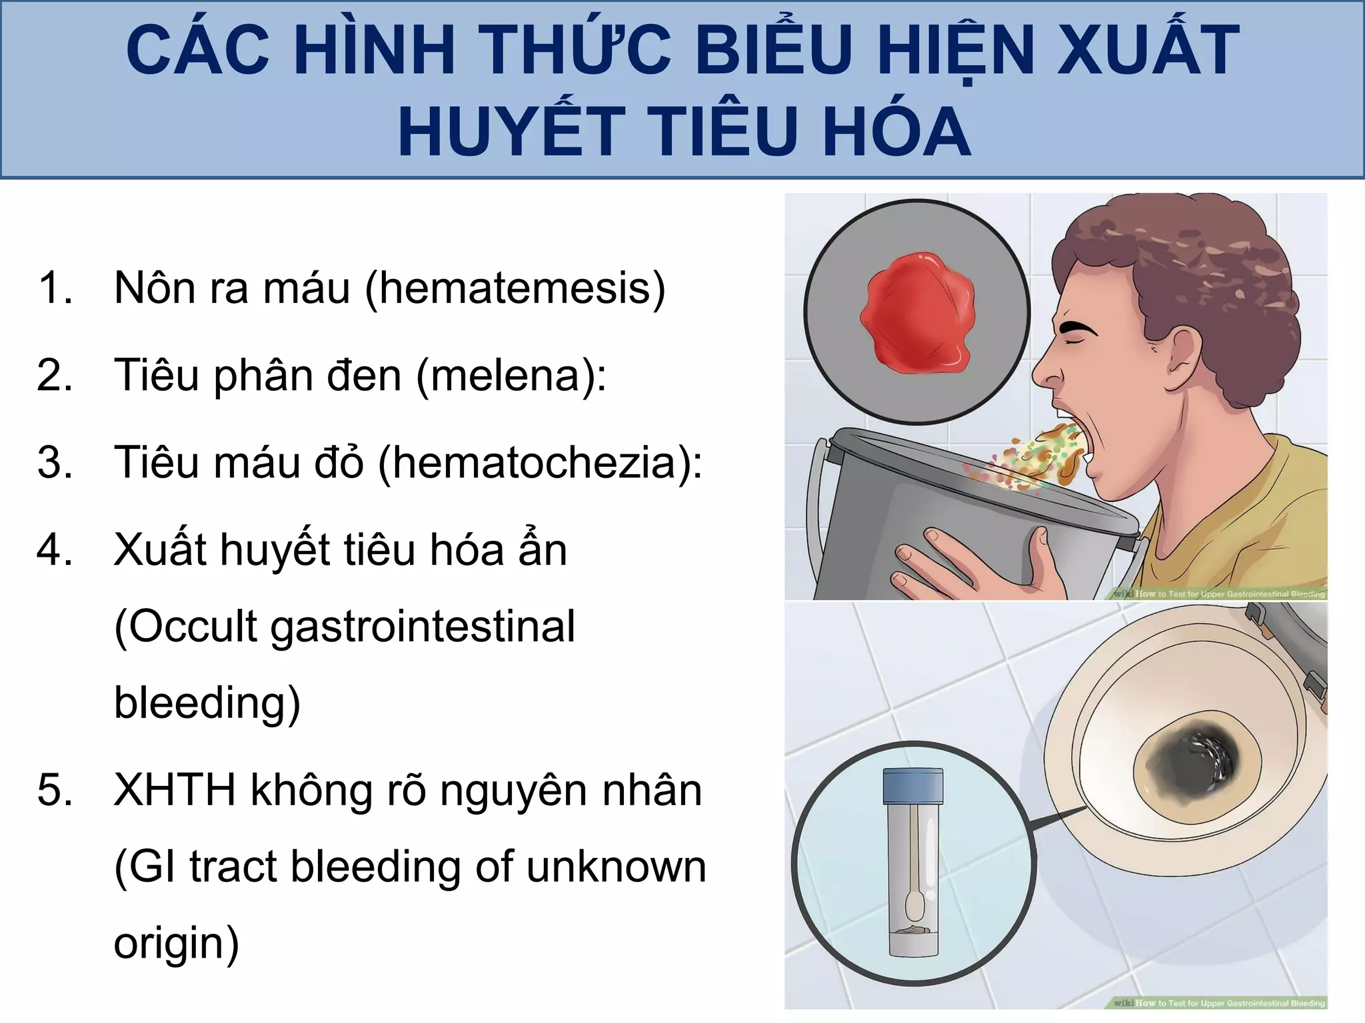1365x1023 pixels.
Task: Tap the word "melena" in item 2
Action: [511, 375]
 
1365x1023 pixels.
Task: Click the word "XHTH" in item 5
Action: [175, 791]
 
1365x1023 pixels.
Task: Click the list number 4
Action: [55, 550]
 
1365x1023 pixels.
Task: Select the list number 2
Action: [55, 375]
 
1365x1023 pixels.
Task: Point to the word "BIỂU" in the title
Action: [773, 50]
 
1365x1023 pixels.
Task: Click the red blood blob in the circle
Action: [917, 313]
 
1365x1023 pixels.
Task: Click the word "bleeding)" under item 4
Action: [207, 703]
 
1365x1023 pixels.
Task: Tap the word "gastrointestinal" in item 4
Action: [423, 627]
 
